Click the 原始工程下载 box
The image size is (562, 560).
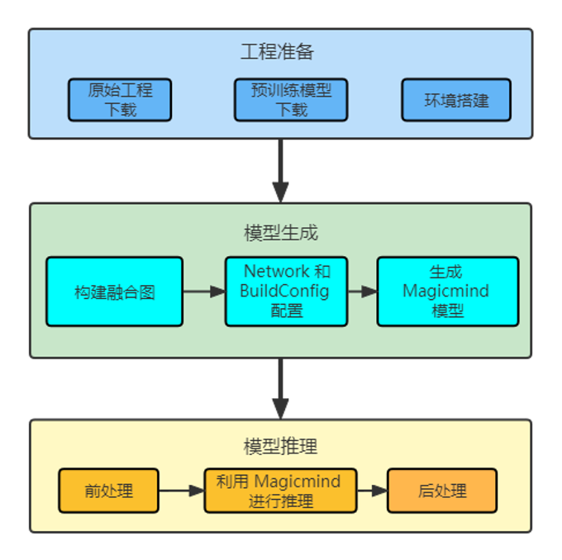[120, 100]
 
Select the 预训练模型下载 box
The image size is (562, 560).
[291, 100]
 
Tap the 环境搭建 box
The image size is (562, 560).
[456, 100]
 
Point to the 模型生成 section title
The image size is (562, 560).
[281, 233]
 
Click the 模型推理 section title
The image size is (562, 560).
[281, 447]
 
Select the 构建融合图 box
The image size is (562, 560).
[114, 292]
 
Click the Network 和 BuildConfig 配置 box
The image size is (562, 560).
[286, 292]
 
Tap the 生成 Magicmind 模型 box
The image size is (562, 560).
[447, 292]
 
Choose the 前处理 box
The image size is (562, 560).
[108, 491]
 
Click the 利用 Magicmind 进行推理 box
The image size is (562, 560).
[281, 491]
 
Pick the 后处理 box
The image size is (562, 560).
[442, 491]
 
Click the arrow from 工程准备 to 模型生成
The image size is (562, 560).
[281, 170]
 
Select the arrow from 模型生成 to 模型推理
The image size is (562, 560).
[281, 387]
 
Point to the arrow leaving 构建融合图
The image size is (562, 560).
[203, 292]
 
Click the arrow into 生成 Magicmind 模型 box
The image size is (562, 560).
[362, 292]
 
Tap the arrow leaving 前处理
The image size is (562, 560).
[181, 491]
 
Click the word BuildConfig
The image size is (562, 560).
[284, 291]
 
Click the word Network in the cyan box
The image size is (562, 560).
[276, 271]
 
